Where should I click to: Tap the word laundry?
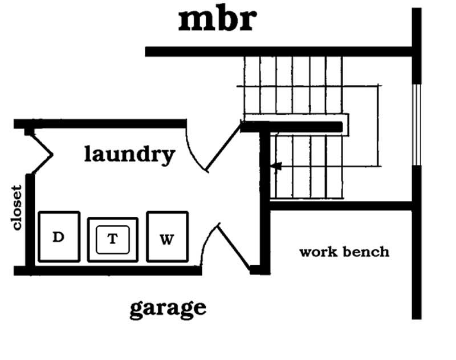129,154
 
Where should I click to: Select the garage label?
168,308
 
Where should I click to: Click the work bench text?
344,252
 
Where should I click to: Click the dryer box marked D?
59,237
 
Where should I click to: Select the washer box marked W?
167,237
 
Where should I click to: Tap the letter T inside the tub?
112,239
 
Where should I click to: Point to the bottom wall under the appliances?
108,270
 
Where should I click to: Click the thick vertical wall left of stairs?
264,200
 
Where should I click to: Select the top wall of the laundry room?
100,123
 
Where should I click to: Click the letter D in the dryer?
58,237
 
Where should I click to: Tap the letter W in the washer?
166,240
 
